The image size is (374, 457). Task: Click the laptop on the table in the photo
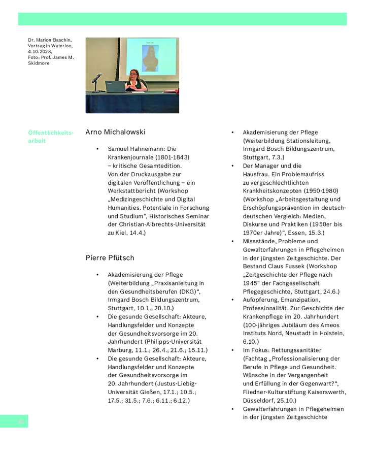[x=115, y=86]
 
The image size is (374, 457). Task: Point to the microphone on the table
[x=96, y=78]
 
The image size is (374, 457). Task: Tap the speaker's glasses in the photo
[x=135, y=74]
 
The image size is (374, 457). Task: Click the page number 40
[x=21, y=421]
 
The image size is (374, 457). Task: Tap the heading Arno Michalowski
[x=115, y=132]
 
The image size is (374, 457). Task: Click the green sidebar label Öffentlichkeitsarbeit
[x=50, y=137]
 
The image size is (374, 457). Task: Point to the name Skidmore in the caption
[x=39, y=63]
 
